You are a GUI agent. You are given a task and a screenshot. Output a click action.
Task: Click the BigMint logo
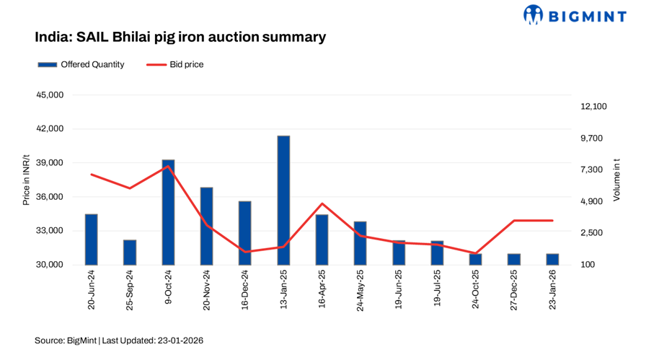click(574, 14)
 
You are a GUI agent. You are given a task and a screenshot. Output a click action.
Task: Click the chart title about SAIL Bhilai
click(180, 36)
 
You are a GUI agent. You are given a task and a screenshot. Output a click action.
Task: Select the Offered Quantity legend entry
click(81, 64)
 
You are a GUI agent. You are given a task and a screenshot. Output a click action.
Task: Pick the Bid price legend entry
click(175, 64)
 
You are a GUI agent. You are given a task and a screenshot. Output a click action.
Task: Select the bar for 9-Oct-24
click(168, 212)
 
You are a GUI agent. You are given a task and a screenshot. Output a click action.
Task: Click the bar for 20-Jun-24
click(91, 240)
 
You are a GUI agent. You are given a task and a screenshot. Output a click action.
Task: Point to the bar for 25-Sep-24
click(130, 252)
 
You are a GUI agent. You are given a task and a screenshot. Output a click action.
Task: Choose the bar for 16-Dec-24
click(245, 232)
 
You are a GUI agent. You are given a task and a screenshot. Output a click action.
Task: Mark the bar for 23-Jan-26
click(552, 259)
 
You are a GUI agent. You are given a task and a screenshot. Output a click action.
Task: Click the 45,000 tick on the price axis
click(49, 95)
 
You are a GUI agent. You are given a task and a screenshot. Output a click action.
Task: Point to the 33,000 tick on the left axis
click(49, 231)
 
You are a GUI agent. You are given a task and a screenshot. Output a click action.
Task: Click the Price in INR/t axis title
click(26, 180)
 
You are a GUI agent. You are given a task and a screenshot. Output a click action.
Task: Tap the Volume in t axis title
click(617, 180)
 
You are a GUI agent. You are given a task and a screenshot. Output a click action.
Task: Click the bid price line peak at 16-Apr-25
click(322, 203)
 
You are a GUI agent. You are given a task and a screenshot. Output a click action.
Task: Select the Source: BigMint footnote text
click(119, 340)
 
